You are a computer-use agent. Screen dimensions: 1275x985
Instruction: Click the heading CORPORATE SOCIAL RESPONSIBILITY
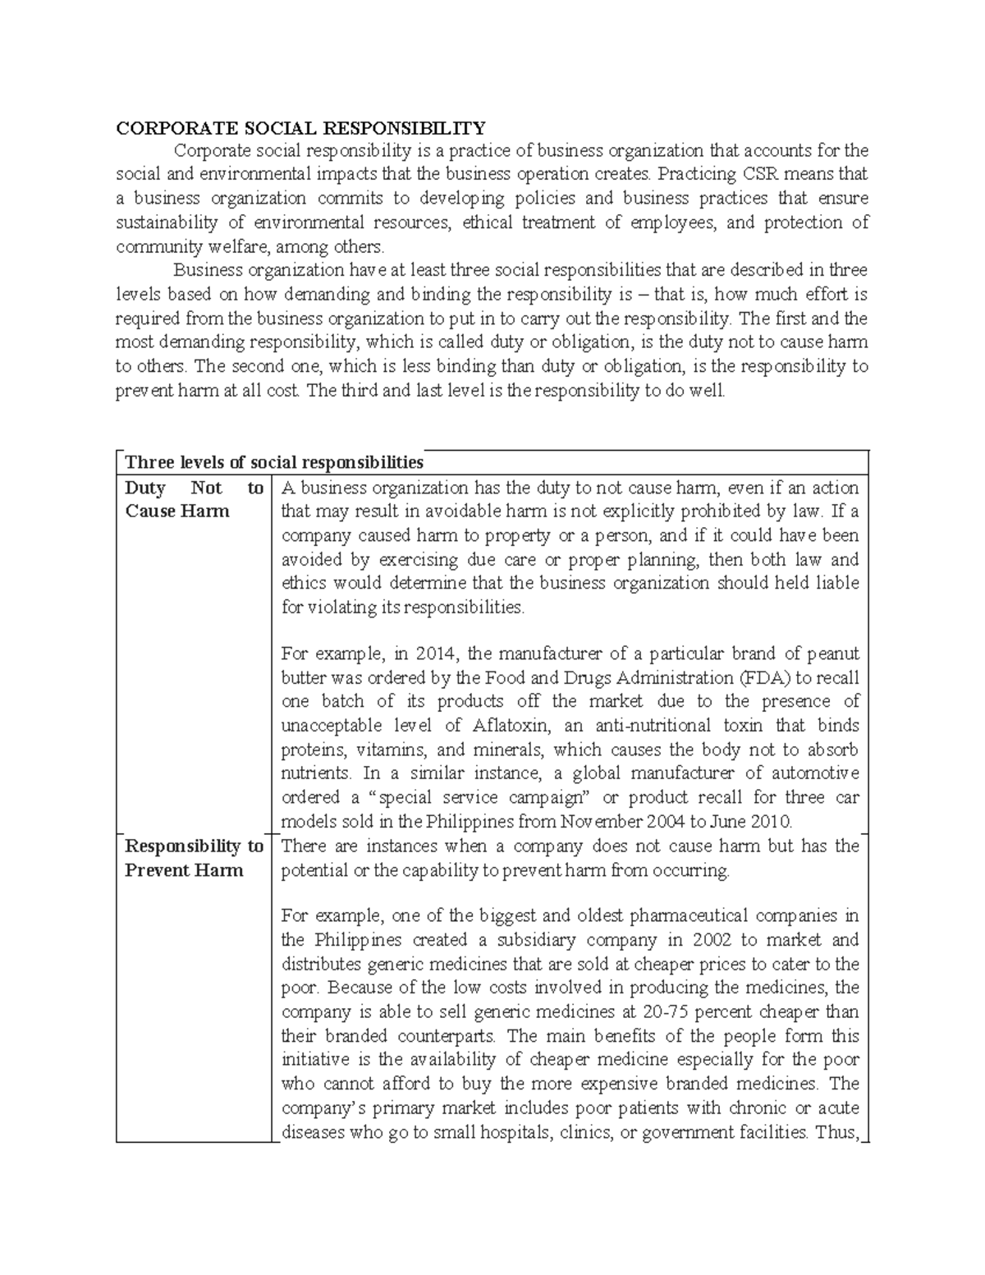pos(300,128)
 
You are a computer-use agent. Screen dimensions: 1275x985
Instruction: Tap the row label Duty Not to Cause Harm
pos(194,499)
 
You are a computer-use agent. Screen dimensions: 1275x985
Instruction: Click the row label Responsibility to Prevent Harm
pos(194,858)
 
